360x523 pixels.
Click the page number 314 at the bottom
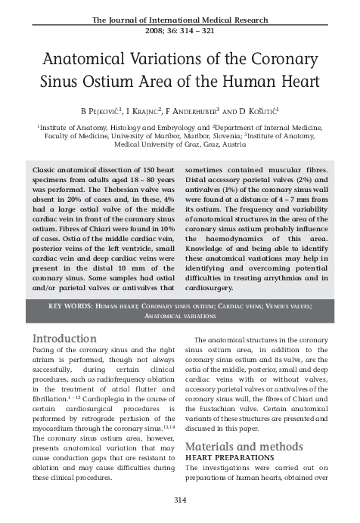(x=180, y=501)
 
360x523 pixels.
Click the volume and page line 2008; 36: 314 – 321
(x=180, y=31)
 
